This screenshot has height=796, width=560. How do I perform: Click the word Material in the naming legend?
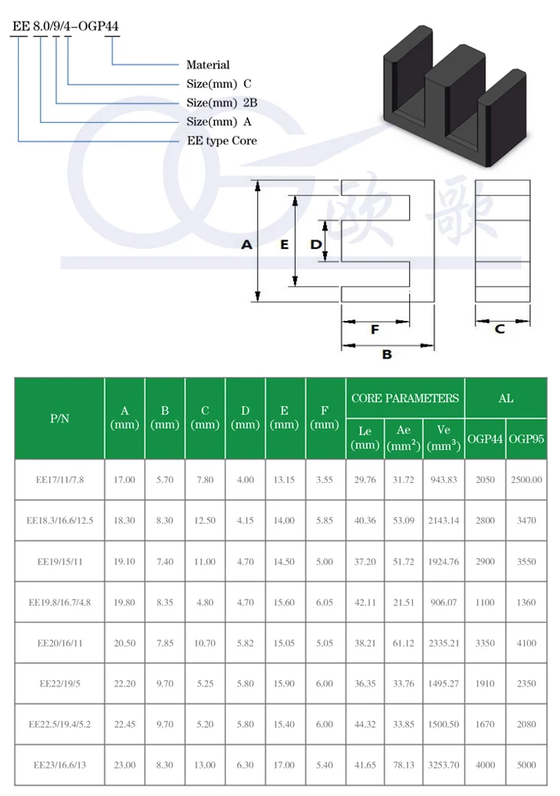point(208,65)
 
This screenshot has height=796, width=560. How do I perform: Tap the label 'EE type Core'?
point(221,141)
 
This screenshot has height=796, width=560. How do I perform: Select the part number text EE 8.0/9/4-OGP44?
point(65,26)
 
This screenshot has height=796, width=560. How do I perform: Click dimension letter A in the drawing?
point(246,245)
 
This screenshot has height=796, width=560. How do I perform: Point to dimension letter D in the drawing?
point(315,245)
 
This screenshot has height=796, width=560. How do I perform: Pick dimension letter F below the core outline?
point(375,330)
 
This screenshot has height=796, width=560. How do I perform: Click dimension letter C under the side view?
point(500,329)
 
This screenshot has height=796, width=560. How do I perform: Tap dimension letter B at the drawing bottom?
point(386,355)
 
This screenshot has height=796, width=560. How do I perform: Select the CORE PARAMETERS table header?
point(405,398)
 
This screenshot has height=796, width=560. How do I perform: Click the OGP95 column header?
point(526,439)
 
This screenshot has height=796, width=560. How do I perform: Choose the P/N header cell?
point(59,419)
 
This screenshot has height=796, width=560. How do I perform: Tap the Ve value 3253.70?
point(443,765)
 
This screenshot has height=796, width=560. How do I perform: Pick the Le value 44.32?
point(365,724)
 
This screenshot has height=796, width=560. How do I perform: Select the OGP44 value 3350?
point(485,643)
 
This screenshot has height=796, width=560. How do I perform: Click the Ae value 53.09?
point(404,520)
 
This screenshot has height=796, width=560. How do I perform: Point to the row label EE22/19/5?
point(60,683)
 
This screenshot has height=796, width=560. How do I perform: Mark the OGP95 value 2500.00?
point(526,480)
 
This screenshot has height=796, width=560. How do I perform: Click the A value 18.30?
point(124,520)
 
